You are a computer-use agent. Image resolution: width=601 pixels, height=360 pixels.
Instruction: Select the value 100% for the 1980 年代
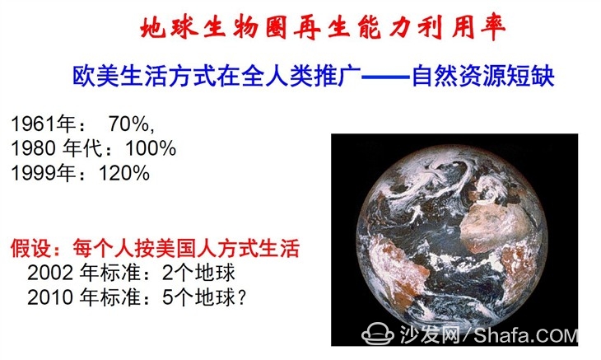point(151,148)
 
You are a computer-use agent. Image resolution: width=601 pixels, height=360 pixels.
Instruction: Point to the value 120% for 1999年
point(124,172)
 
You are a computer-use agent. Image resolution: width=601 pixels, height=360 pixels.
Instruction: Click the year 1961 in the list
point(34,124)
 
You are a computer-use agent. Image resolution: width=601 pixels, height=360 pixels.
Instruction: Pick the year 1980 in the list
point(34,148)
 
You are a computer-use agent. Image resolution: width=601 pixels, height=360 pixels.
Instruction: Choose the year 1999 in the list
point(34,172)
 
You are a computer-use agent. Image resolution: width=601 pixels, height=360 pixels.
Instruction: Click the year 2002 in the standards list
point(50,273)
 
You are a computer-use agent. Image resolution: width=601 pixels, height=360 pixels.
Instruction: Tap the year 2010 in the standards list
point(50,297)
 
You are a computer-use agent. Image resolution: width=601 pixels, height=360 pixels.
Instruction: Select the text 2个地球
point(198,273)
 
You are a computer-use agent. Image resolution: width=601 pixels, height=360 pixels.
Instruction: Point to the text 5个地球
point(198,297)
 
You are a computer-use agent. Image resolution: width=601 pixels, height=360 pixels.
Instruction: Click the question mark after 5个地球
point(241,297)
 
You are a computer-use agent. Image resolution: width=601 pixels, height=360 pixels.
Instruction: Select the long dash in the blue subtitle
point(386,77)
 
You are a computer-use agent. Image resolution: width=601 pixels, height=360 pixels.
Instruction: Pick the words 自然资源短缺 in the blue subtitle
point(483,76)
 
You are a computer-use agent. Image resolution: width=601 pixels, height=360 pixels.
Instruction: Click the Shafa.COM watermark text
point(525,335)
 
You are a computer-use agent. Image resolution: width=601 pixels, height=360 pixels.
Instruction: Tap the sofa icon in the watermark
point(378,334)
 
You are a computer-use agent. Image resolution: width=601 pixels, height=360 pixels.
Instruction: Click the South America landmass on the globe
point(397,269)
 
